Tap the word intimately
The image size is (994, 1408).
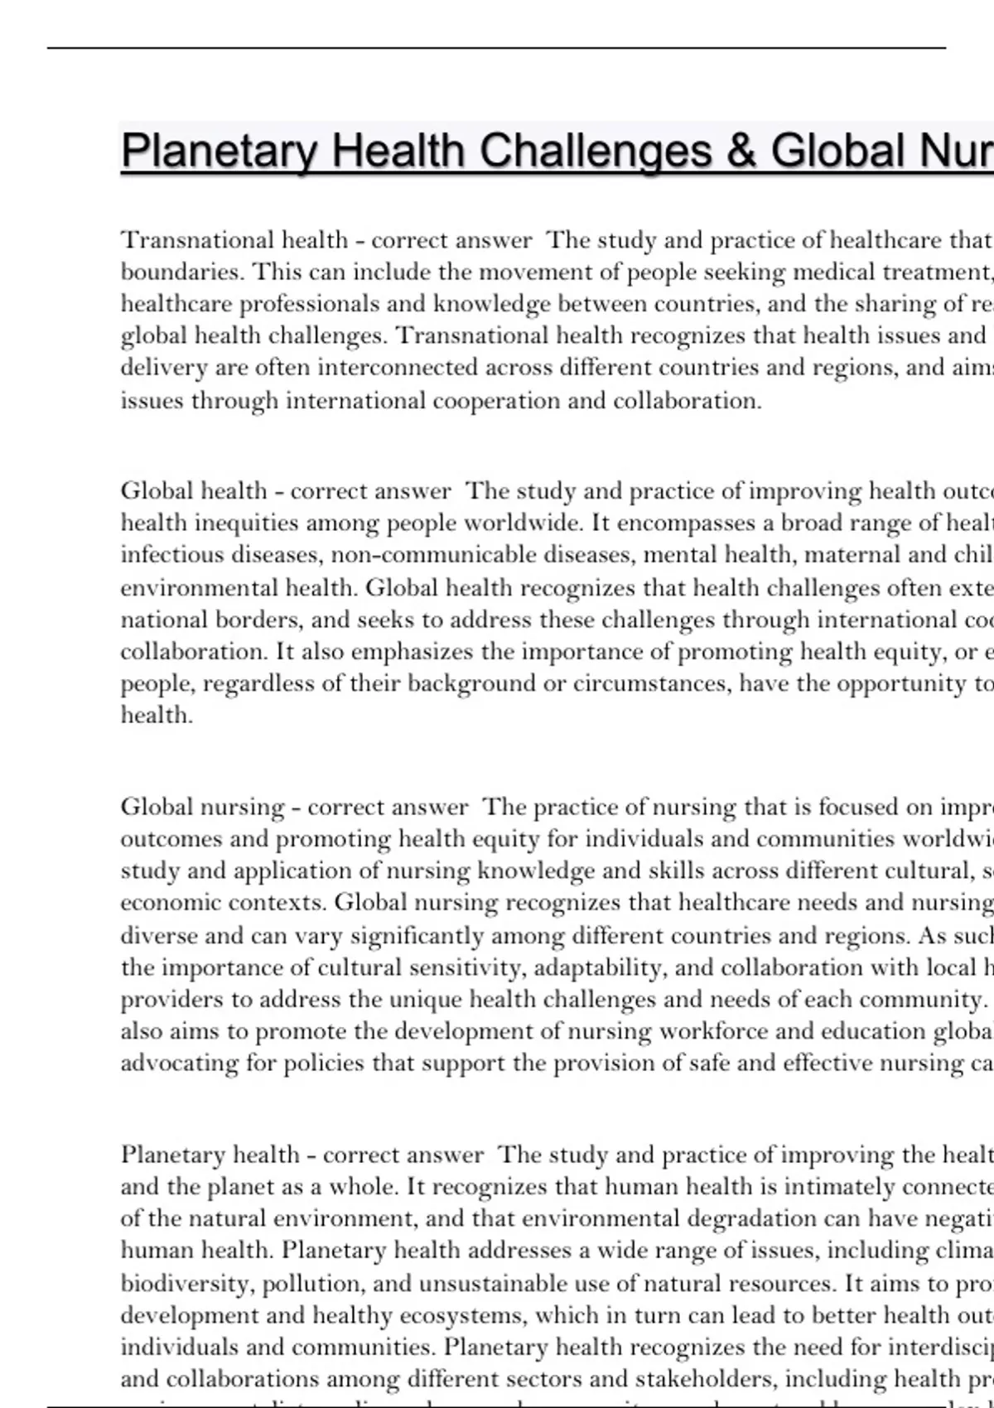836,1187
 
